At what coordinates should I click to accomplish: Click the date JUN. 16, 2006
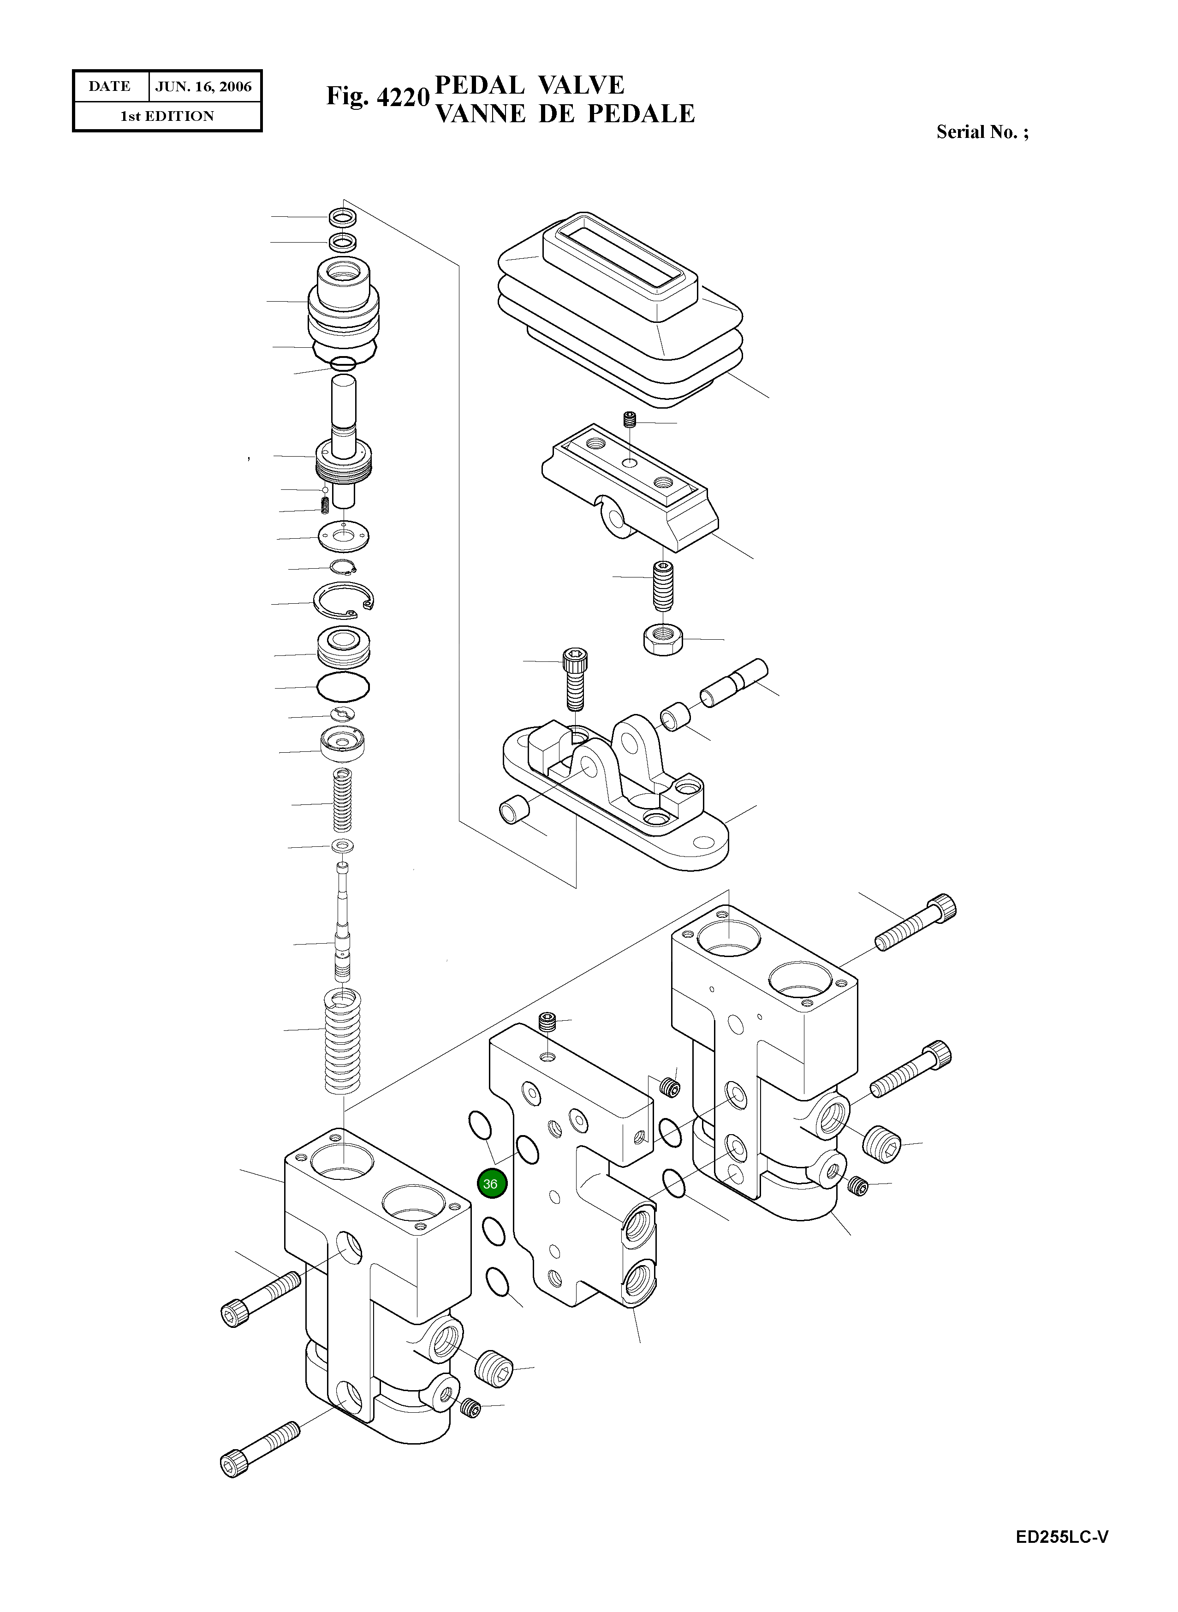point(203,87)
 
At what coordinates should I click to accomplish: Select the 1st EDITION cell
point(167,116)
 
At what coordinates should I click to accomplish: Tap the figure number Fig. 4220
point(377,96)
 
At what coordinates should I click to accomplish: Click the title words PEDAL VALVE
point(529,85)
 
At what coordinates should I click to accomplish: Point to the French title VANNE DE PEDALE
point(564,113)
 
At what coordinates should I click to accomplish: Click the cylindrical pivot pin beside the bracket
point(733,683)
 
